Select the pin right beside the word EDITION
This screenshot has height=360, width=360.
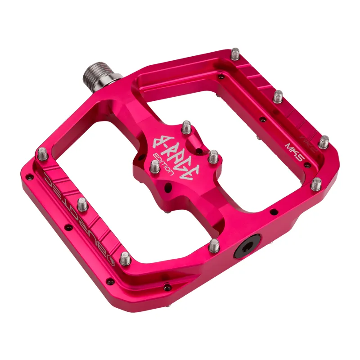point(154,168)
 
